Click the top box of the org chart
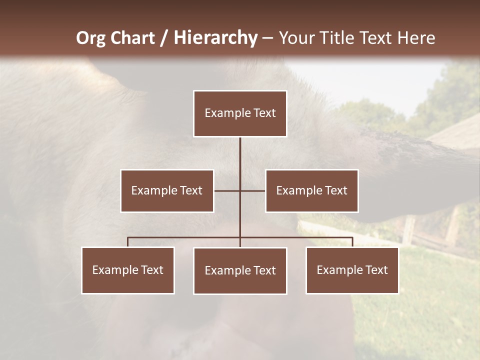240,113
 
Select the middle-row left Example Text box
167,190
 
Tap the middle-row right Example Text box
312,190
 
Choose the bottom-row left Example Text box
128,270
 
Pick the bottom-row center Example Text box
240,270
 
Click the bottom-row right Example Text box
352,270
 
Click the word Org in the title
91,38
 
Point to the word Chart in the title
132,38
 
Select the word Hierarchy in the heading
215,38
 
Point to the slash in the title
164,38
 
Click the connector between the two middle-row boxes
227,190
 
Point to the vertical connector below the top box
240,160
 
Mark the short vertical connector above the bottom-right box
352,242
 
